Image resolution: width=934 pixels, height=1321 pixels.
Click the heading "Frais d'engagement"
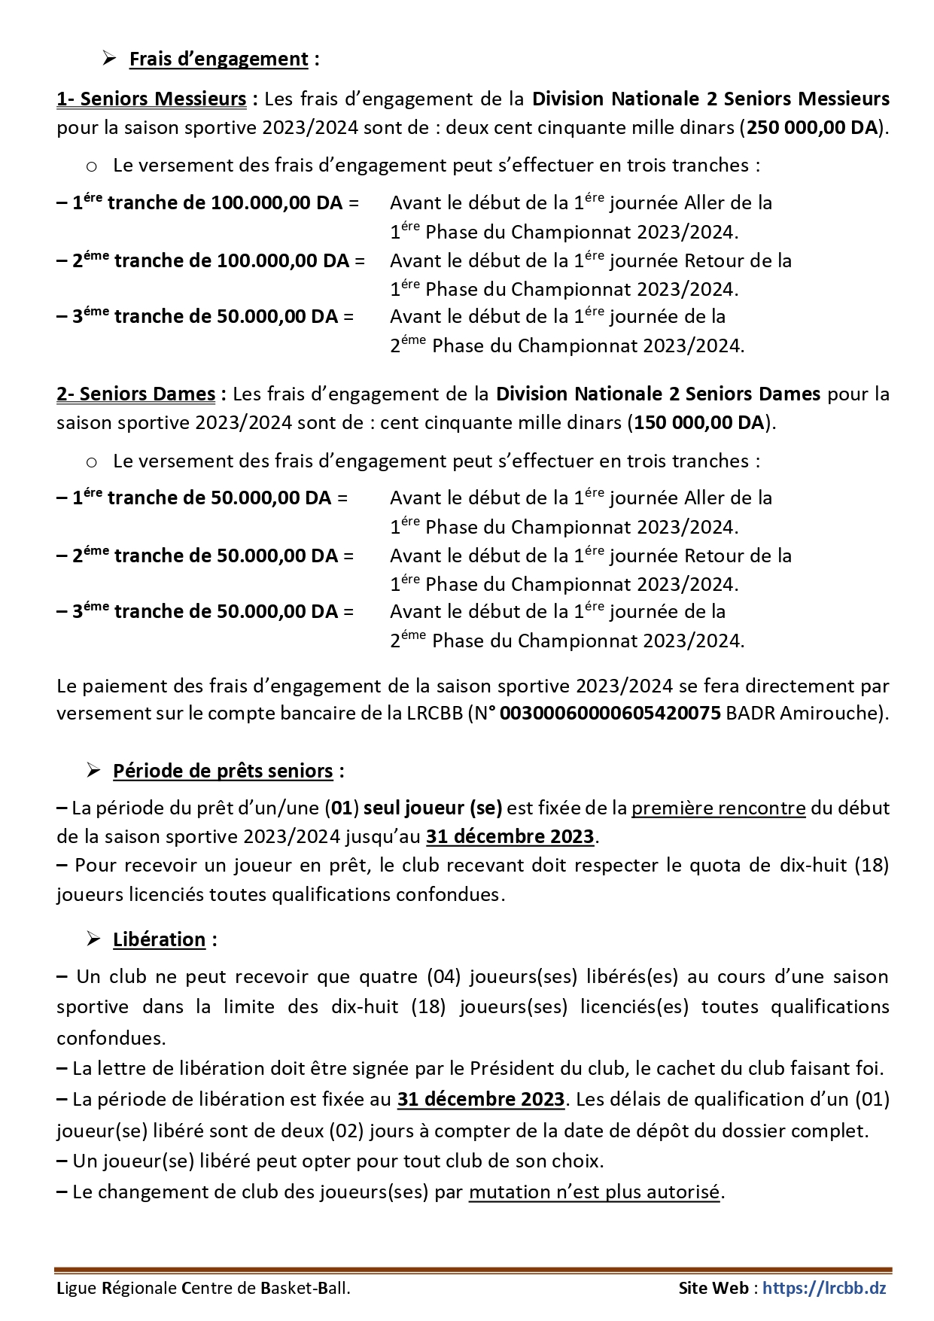click(x=218, y=59)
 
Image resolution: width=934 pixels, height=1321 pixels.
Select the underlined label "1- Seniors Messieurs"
click(x=151, y=99)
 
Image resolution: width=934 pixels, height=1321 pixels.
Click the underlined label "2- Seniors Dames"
click(x=136, y=394)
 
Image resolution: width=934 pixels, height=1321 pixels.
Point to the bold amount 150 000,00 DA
click(x=698, y=423)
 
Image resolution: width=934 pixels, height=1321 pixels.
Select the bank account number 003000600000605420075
click(x=610, y=714)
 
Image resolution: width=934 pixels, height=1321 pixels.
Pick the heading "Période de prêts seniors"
click(x=223, y=772)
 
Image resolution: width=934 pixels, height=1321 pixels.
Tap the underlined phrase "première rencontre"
click(x=718, y=808)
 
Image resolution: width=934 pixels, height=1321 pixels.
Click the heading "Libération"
click(x=159, y=940)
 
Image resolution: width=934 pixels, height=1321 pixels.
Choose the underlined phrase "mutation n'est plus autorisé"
click(x=595, y=1192)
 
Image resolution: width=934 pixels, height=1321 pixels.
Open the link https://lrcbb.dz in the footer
click(x=824, y=1288)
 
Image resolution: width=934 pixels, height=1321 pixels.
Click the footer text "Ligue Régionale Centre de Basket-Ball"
click(x=202, y=1288)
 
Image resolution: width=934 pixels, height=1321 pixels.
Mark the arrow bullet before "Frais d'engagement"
click(x=110, y=59)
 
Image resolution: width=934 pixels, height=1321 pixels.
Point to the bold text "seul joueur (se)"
click(x=433, y=808)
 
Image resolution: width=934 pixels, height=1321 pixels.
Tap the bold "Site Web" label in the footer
click(x=713, y=1288)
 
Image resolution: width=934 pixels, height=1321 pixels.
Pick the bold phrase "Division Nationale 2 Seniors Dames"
click(x=658, y=394)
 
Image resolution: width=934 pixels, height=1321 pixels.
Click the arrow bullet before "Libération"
click(x=93, y=939)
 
